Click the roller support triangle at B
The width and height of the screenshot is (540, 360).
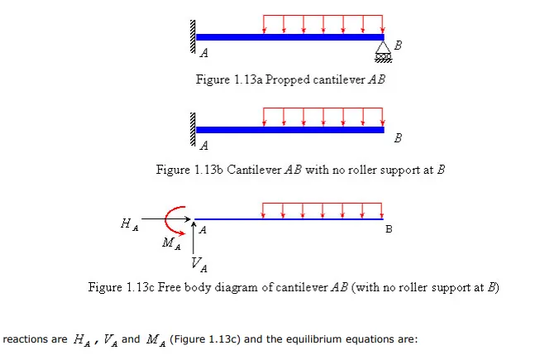[383, 47]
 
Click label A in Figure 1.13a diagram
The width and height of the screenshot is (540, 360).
[204, 53]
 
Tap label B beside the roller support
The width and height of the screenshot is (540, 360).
[398, 46]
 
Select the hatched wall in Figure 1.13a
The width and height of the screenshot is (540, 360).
[193, 36]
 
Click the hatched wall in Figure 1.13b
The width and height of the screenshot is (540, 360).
[193, 129]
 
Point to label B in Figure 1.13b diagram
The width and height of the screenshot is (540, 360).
[398, 138]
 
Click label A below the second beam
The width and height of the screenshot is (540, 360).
[204, 146]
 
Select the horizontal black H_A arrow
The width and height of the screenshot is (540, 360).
[166, 218]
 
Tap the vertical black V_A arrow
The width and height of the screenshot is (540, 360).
[194, 238]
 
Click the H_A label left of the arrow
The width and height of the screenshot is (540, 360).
[130, 224]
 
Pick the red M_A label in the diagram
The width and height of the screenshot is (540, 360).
[171, 243]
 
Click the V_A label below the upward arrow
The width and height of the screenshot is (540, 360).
[199, 265]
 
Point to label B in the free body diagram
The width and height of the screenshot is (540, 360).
[389, 229]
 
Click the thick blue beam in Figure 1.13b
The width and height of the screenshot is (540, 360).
[290, 130]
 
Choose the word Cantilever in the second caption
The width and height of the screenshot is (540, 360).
[254, 170]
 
